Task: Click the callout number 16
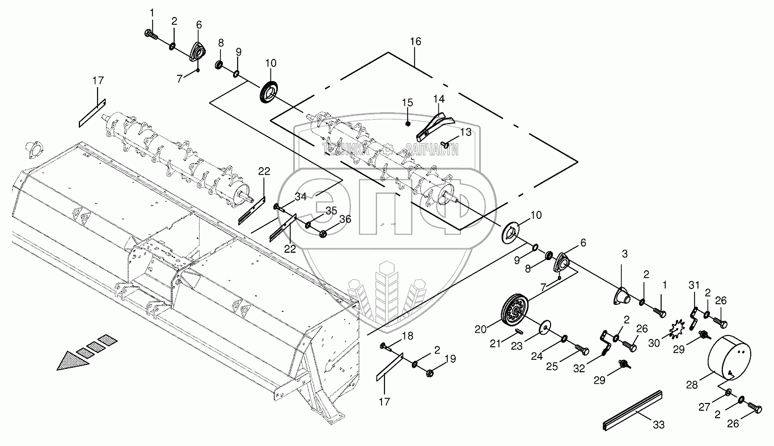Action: (x=416, y=41)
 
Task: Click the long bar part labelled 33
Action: (x=632, y=407)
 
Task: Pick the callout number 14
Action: (x=439, y=98)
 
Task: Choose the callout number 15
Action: (x=408, y=103)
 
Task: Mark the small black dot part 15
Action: (x=408, y=123)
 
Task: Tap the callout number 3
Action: (x=624, y=254)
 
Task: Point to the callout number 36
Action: (x=345, y=219)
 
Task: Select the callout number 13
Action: (x=465, y=132)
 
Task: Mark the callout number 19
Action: (x=450, y=358)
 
